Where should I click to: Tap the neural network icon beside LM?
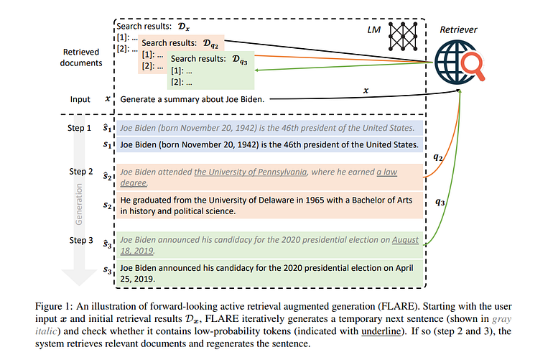[404, 32]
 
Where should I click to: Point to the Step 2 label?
[80, 172]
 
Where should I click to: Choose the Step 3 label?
[80, 240]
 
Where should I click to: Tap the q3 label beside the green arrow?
[442, 203]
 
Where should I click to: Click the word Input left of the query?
[80, 99]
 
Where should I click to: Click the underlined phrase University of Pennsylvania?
[251, 172]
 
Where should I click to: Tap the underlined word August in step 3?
[405, 240]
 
